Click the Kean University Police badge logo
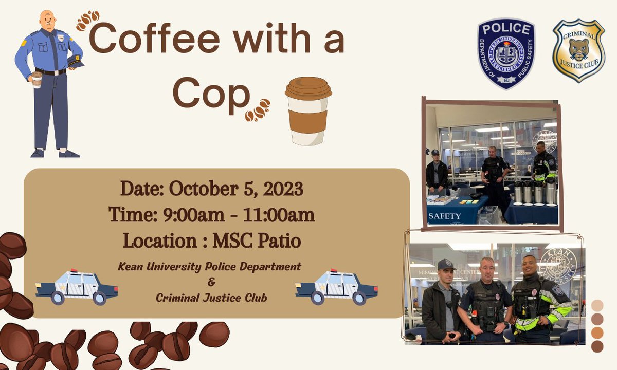pos(506,53)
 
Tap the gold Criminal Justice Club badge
pos(578,50)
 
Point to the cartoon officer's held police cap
pos(76,61)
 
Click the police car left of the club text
pos(77,286)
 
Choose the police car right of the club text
pos(336,286)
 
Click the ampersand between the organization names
pos(209,282)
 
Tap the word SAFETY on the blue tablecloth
pos(445,216)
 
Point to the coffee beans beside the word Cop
pos(257,109)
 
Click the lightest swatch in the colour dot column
pos(597,305)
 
